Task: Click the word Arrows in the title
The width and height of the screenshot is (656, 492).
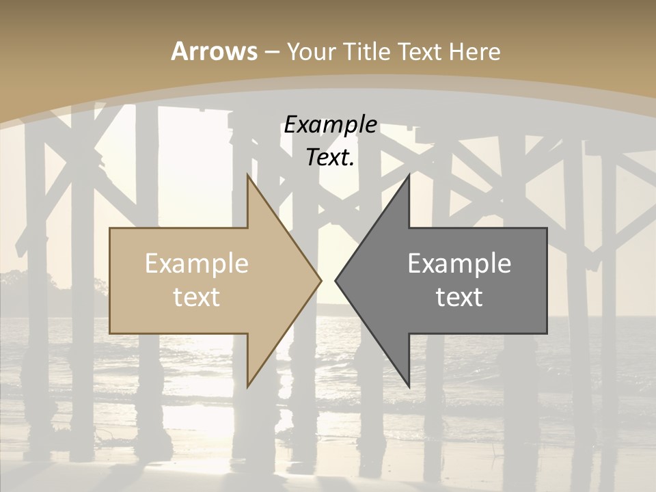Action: pyautogui.click(x=214, y=51)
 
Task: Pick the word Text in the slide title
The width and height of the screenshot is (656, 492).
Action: pyautogui.click(x=420, y=51)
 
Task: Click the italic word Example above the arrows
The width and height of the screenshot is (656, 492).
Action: pyautogui.click(x=330, y=125)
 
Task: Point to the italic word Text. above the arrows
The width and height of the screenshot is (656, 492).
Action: pyautogui.click(x=330, y=158)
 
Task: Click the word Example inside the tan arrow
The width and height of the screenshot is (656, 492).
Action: pyautogui.click(x=197, y=263)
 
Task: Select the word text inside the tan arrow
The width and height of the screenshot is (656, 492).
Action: pyautogui.click(x=197, y=297)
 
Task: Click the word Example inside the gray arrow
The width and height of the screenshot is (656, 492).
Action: pyautogui.click(x=459, y=263)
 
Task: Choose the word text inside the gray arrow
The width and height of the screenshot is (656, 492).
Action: pyautogui.click(x=459, y=297)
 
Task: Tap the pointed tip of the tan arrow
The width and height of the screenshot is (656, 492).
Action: pyautogui.click(x=320, y=280)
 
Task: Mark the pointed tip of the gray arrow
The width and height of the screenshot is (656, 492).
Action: pyautogui.click(x=336, y=280)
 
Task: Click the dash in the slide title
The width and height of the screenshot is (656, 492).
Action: pyautogui.click(x=271, y=52)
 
